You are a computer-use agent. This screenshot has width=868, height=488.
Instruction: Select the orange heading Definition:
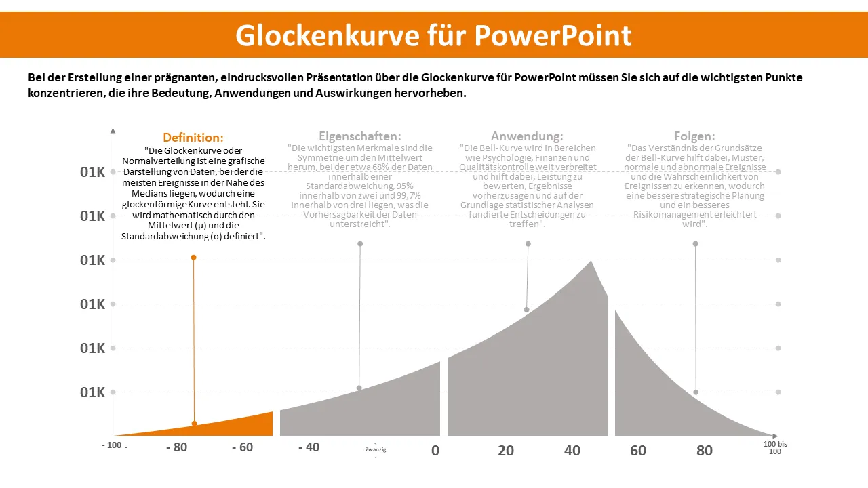coord(193,138)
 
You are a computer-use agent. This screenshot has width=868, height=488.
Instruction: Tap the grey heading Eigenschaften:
coord(359,136)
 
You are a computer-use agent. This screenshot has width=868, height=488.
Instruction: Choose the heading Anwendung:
coord(527,136)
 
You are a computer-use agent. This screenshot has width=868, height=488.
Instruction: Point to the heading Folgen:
coord(694,136)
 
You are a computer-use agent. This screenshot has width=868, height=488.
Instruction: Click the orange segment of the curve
coord(231,424)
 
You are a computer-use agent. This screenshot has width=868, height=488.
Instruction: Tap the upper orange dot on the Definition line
coord(193,258)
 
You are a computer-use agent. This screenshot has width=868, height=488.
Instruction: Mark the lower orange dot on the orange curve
coord(195,424)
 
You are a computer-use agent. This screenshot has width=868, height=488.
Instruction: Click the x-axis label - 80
coord(176,448)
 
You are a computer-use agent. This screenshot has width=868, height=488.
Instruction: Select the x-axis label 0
coord(435,451)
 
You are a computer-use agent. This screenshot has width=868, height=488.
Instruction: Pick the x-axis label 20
coord(506,451)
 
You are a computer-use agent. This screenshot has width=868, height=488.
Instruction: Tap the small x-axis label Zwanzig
coord(376,449)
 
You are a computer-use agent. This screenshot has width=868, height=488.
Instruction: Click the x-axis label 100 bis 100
coord(775,447)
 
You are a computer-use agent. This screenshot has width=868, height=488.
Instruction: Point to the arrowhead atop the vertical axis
coord(113,130)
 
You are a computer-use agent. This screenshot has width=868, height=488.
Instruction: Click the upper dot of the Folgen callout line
coord(695,244)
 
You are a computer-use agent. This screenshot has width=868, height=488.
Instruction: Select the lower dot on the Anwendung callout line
coord(526,310)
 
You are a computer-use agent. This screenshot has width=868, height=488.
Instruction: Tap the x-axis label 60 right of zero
coord(638,451)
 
